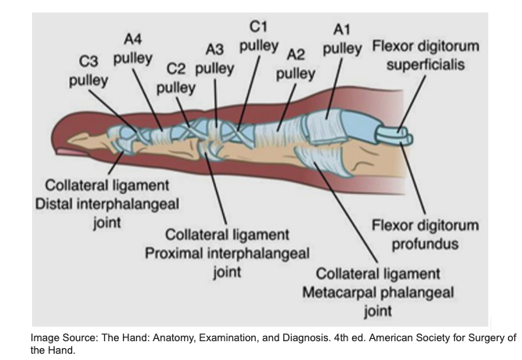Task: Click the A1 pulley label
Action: pos(342,39)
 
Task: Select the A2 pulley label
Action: pos(296,63)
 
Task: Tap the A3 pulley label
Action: pos(214,59)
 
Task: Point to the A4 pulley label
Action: pos(133,49)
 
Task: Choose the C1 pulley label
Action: pos(259,36)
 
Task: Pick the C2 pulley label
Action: pos(176,78)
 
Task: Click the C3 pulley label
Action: pos(88,71)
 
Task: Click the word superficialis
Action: pos(426,64)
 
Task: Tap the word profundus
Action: pos(425,243)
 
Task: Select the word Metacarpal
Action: pos(340,293)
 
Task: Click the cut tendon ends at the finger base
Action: pos(394,136)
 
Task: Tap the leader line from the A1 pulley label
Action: pos(334,88)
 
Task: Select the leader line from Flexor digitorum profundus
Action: pos(412,178)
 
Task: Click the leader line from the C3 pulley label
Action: pos(112,110)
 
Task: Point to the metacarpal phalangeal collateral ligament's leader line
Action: pos(346,212)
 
